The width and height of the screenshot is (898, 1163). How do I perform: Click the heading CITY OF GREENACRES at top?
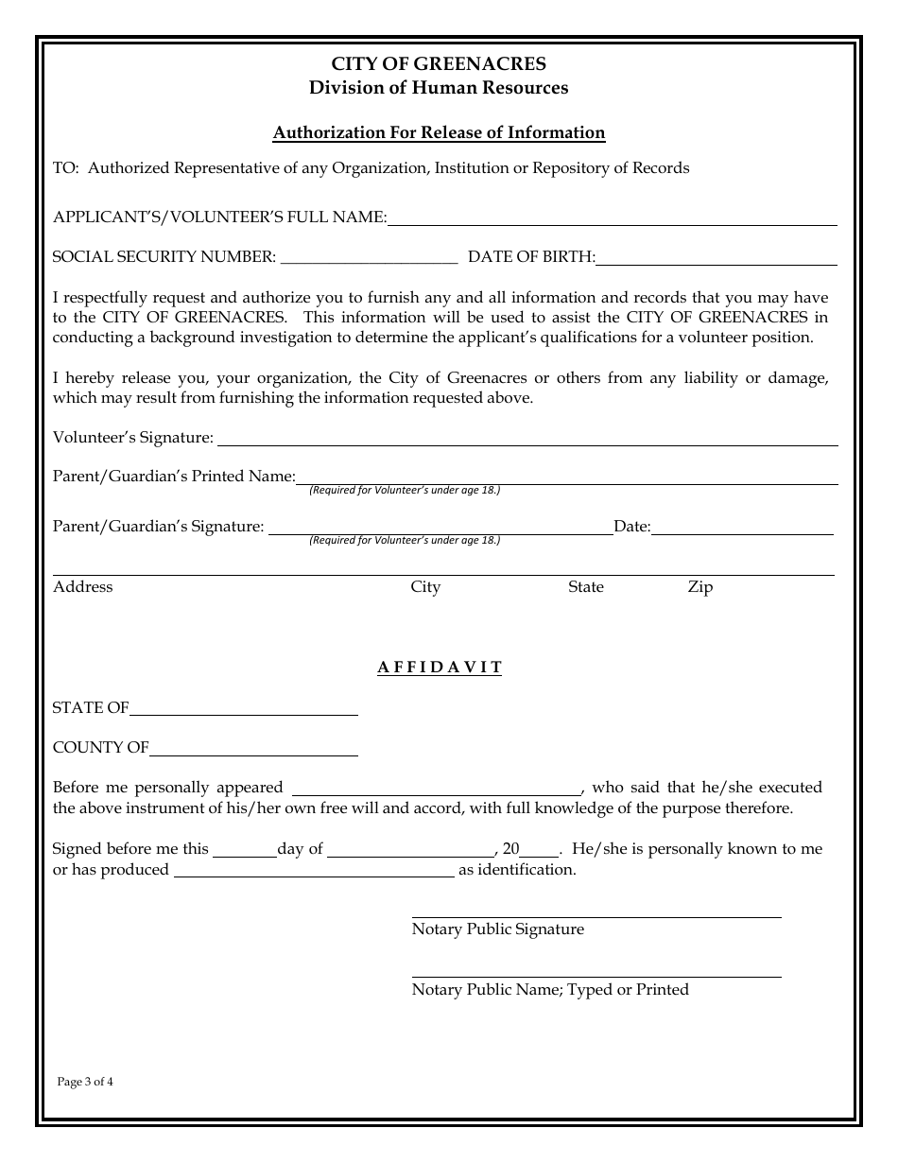click(x=439, y=64)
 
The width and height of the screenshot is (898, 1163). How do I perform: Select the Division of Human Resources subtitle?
click(x=439, y=88)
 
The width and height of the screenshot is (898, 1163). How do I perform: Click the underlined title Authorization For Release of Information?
click(x=439, y=132)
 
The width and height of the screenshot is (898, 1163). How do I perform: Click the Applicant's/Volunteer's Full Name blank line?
click(x=612, y=218)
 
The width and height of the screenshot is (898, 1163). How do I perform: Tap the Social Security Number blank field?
click(x=369, y=257)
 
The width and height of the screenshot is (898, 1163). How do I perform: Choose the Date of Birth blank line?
click(x=716, y=258)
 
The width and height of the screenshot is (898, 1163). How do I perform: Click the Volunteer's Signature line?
click(x=527, y=439)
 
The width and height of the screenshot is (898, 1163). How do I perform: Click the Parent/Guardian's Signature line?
click(x=440, y=528)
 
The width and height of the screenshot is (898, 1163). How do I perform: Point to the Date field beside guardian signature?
click(x=742, y=528)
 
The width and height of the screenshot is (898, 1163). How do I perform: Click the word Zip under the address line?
click(x=700, y=587)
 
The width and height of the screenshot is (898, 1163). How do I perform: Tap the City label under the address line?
click(x=425, y=587)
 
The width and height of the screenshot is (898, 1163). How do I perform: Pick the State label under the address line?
click(x=585, y=587)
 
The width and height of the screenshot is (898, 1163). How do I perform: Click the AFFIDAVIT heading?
click(x=440, y=668)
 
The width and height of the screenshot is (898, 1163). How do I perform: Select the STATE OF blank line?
click(x=244, y=709)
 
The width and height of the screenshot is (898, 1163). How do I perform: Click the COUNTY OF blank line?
click(x=253, y=749)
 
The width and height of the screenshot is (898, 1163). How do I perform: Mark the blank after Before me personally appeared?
click(x=437, y=789)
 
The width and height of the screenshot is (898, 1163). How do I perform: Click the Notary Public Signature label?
click(x=498, y=929)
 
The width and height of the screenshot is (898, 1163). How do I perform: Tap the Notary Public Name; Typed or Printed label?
click(x=550, y=990)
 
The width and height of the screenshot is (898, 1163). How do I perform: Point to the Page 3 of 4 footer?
click(x=85, y=1082)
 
